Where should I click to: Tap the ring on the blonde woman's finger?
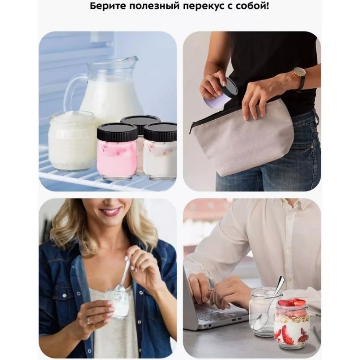pyautogui.click(x=89, y=321)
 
